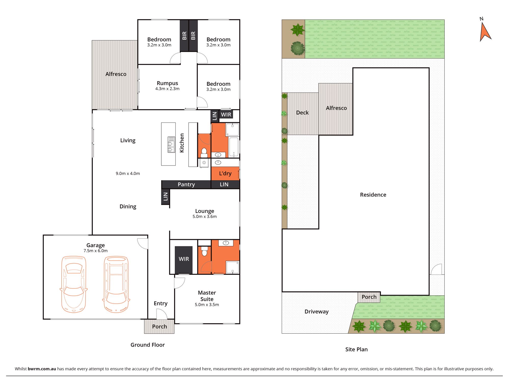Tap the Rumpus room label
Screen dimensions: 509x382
167,83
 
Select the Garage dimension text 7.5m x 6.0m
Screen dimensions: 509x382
96,251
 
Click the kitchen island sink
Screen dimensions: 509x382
171,145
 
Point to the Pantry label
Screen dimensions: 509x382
186,184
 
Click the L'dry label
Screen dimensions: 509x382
225,173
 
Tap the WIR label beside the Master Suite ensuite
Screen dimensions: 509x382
184,259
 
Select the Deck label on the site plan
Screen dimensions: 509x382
302,113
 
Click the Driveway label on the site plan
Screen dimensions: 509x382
317,311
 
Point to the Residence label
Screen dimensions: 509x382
373,195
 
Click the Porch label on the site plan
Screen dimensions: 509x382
369,297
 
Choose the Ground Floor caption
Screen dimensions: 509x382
148,345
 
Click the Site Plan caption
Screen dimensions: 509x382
356,349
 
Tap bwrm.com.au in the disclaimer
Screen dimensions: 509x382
42,369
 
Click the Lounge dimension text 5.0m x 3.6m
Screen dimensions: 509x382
205,216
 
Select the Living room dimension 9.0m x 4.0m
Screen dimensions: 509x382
128,173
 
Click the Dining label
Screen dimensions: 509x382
128,207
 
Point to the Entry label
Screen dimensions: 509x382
161,303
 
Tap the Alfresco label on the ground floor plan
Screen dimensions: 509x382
116,74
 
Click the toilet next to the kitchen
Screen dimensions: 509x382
204,152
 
